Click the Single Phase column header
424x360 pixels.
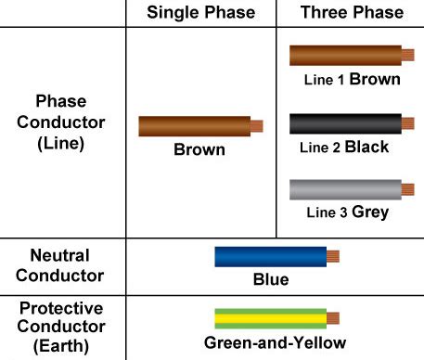(x=200, y=13)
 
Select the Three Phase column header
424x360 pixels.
(x=353, y=13)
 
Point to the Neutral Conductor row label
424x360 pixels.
(x=59, y=264)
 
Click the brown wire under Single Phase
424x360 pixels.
(x=194, y=126)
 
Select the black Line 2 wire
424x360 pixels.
(x=344, y=123)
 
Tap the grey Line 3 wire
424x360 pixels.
(x=344, y=190)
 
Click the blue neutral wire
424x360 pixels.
(x=270, y=256)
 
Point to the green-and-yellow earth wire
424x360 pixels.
(x=270, y=319)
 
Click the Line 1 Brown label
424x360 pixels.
(x=353, y=79)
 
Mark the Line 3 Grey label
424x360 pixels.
(x=347, y=213)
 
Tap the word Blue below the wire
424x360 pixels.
(x=270, y=279)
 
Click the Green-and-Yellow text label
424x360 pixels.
(x=276, y=343)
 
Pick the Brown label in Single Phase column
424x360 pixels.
(x=199, y=149)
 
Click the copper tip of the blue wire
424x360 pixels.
(x=333, y=256)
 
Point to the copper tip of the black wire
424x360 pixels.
(x=408, y=123)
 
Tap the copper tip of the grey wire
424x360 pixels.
(x=408, y=190)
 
